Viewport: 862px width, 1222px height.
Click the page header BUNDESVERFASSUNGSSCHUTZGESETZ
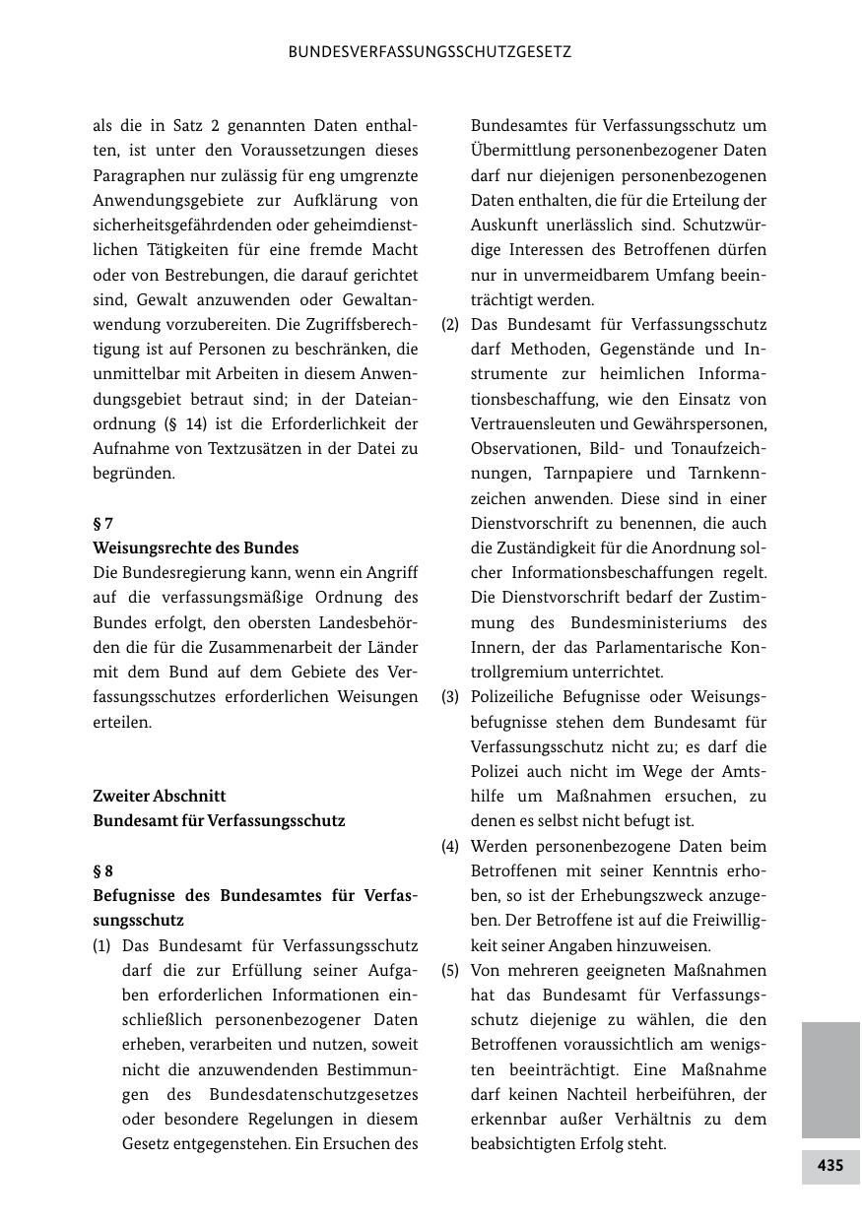[430, 52]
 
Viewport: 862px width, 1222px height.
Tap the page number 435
[829, 1166]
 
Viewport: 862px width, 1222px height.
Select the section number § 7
[103, 523]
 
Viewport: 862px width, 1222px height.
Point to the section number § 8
[103, 870]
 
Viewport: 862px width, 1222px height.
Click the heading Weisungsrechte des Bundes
[195, 547]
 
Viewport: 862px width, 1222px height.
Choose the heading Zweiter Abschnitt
[160, 796]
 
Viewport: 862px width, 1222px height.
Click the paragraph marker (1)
[101, 945]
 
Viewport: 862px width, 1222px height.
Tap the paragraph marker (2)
[450, 324]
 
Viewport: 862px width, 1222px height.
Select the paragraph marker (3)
[450, 697]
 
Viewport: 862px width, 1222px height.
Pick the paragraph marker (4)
[450, 846]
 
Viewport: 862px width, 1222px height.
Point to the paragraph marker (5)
[450, 970]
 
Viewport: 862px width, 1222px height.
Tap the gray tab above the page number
[829, 1079]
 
